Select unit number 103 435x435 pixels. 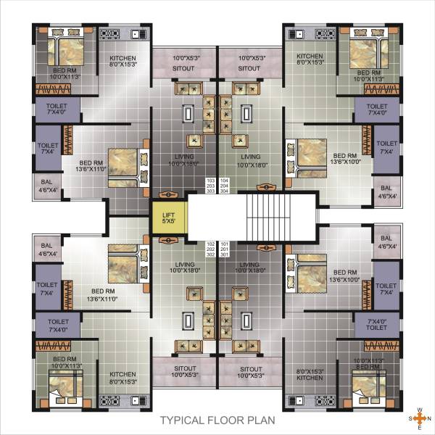click(212, 179)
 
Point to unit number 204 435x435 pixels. click(224, 186)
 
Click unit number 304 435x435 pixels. click(224, 192)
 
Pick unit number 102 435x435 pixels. click(212, 244)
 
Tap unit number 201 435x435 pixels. click(224, 249)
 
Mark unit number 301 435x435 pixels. click(224, 256)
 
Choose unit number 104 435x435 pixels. click(224, 179)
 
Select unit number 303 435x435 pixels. click(212, 192)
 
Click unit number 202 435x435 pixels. click(212, 249)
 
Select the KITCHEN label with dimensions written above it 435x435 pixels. click(310, 378)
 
